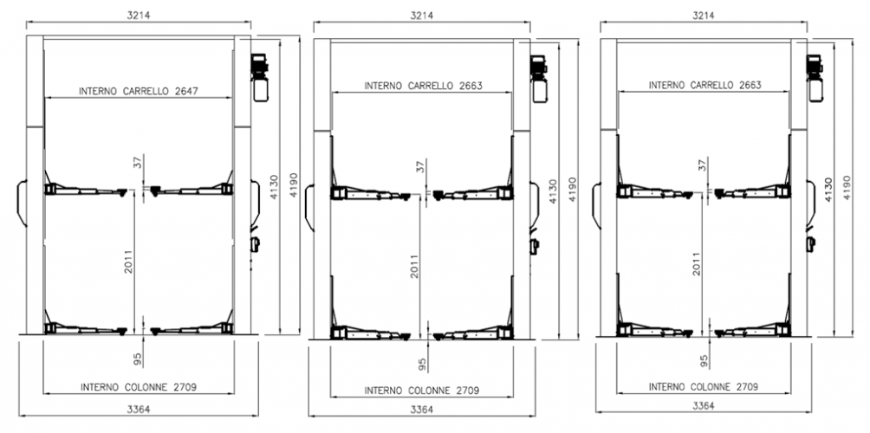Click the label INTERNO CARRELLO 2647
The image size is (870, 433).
coord(139,91)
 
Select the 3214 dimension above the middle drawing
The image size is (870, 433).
coord(422,16)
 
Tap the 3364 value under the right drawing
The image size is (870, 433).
coord(704,405)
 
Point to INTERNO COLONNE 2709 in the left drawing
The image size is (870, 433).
coord(138,387)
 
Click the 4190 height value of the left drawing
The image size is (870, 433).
coord(294,185)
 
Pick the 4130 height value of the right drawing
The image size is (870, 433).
coord(828,190)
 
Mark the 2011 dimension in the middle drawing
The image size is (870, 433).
coord(414,266)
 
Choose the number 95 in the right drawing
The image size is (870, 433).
coord(704,361)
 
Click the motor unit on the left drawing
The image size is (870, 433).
coord(260,78)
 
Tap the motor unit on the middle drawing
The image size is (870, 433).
coord(539,79)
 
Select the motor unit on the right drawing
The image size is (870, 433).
coord(815,78)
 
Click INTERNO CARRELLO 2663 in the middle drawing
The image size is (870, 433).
coord(424,86)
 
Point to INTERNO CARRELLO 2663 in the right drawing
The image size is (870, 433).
coord(705,86)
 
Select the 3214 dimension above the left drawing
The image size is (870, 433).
coord(139,16)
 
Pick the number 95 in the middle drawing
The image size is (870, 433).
coord(422,365)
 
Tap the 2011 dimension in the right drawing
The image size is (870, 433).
coord(697,264)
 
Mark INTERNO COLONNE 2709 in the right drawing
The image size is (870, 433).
coord(704,386)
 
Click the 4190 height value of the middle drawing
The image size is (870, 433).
coord(572,190)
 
